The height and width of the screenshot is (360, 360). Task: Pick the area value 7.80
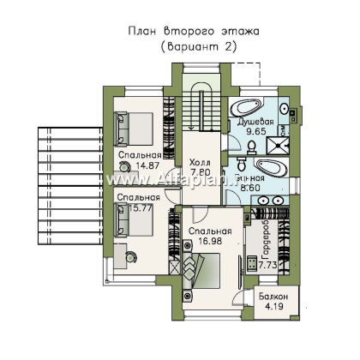click(200, 173)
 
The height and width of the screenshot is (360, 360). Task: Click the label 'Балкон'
click(273, 299)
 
